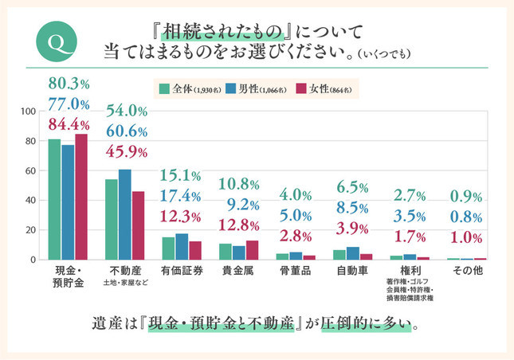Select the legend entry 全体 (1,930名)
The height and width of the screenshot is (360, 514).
point(188,88)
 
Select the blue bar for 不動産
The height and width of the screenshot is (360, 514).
point(124,214)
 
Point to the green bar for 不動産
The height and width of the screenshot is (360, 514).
point(112,219)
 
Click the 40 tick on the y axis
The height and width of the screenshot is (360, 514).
point(31,200)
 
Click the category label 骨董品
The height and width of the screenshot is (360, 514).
point(296,270)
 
